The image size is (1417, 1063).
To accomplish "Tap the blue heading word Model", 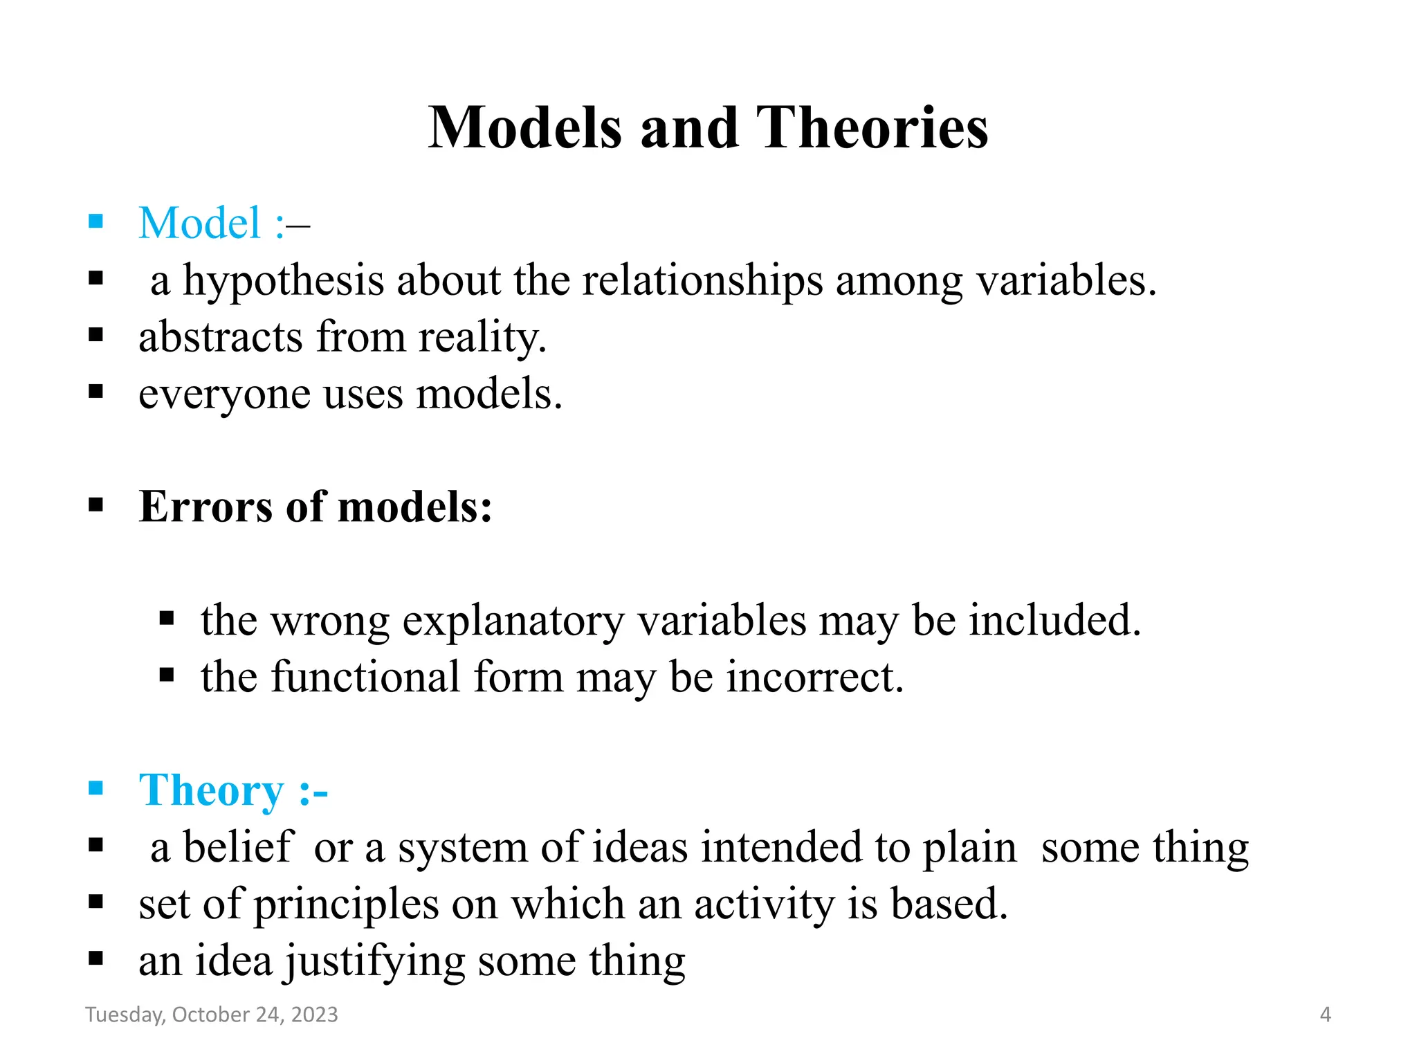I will click(199, 223).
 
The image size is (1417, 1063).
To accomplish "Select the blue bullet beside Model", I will click(96, 221).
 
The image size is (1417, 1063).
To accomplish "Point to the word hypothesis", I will click(283, 281).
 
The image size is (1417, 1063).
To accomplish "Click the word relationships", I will click(702, 281).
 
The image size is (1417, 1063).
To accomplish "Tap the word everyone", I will click(224, 394).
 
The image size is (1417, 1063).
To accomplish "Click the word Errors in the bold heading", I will click(206, 507).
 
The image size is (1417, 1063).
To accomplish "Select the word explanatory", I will click(513, 620).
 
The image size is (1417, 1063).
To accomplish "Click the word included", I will click(1054, 620).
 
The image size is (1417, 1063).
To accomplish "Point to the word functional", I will click(365, 677).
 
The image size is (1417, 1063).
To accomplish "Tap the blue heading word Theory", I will click(211, 790).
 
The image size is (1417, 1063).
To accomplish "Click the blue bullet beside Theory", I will click(96, 788).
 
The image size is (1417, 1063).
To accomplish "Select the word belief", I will click(238, 847).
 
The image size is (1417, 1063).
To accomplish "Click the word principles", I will click(346, 904).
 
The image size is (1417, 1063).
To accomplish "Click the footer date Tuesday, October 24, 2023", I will click(212, 1014).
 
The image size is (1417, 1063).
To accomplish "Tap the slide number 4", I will click(1325, 1015).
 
